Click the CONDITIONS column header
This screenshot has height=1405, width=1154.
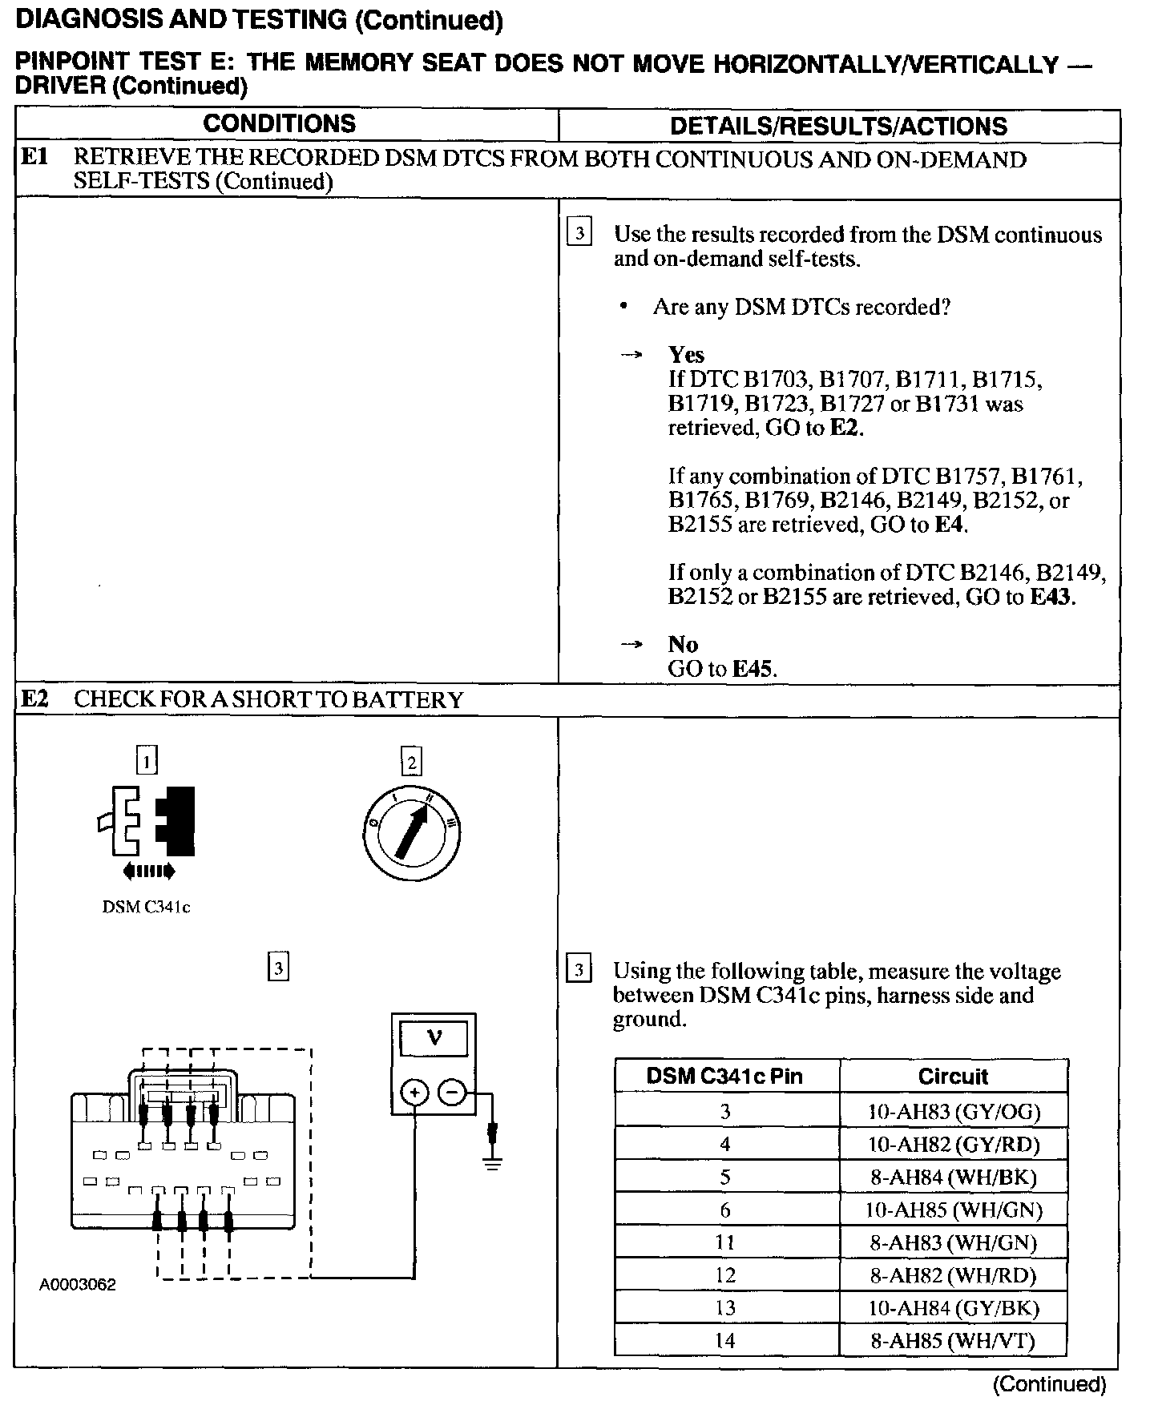tap(279, 124)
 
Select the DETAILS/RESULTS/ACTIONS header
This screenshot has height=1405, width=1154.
tap(838, 127)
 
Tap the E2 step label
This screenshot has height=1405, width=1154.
tap(34, 699)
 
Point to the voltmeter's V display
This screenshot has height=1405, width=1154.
tap(434, 1039)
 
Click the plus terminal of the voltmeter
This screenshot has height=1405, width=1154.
tap(415, 1093)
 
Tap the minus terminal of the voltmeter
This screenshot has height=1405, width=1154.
tap(452, 1093)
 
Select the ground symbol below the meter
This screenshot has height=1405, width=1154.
tap(492, 1161)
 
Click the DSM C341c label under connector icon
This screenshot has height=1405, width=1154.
tap(146, 908)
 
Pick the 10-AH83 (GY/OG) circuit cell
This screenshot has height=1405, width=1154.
tap(954, 1111)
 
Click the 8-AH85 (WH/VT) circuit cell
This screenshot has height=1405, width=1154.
tap(954, 1341)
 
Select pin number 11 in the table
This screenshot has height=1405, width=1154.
tap(725, 1242)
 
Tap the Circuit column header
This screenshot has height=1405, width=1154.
tap(953, 1077)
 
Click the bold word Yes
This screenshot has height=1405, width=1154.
tap(686, 355)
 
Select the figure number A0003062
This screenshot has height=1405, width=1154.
tap(78, 1286)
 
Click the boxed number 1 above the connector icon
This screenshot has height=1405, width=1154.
tap(147, 760)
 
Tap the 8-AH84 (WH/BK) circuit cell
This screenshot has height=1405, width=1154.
tap(954, 1177)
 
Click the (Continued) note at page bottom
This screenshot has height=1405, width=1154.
tap(1049, 1384)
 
